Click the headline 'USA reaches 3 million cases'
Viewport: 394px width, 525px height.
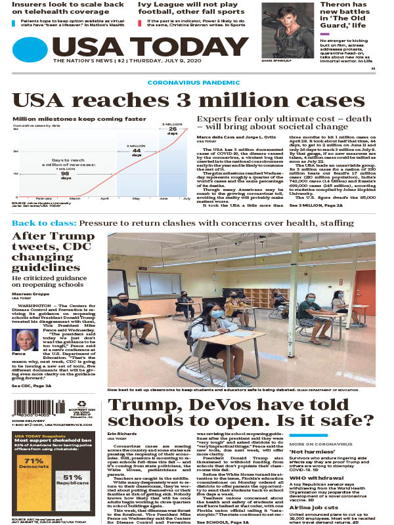188,100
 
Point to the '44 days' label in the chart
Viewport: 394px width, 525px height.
137,150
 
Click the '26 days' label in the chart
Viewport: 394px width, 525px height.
173,131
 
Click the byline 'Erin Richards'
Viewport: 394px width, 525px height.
121,434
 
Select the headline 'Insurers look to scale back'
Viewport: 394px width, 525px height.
69,5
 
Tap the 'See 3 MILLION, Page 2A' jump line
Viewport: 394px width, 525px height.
317,206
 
